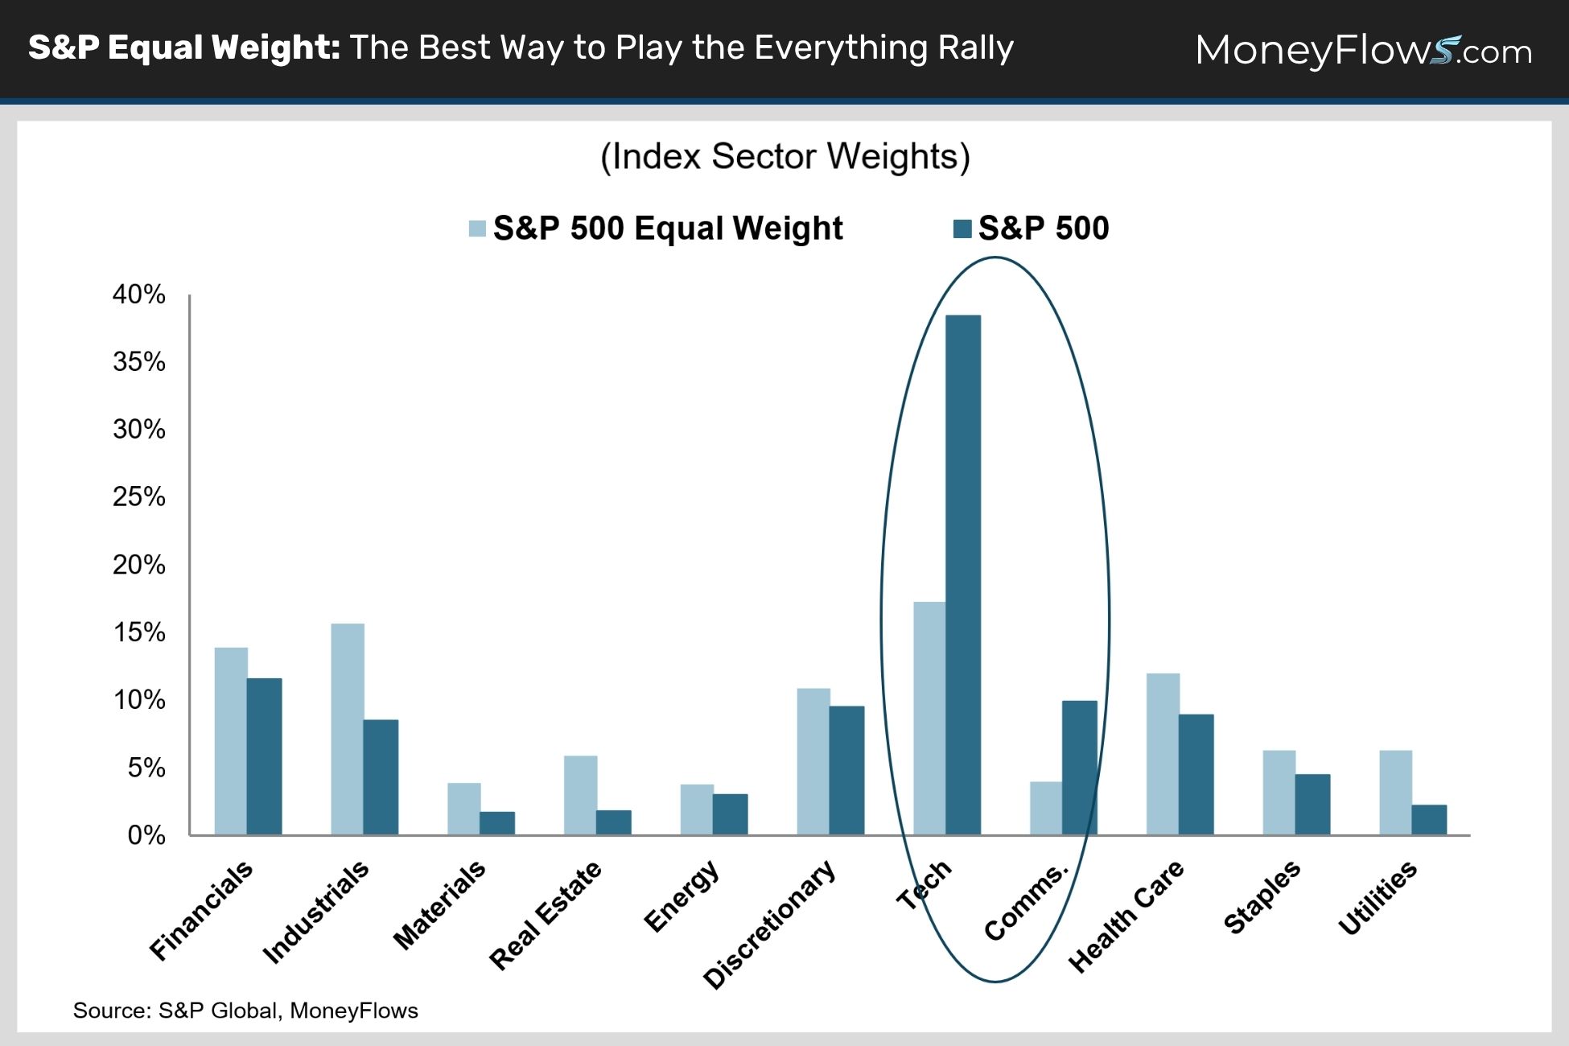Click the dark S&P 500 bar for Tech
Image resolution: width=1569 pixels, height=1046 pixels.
point(963,574)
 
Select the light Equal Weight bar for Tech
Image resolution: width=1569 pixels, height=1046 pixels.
point(929,719)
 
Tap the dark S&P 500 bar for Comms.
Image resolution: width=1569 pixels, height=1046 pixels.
point(1080,768)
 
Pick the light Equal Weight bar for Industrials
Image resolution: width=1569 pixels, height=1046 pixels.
point(348,729)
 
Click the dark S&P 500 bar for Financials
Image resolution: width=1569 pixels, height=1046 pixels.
point(265,756)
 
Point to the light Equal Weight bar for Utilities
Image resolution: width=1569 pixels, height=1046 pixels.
point(1396,793)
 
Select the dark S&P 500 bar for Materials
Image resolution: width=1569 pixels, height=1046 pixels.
point(497,823)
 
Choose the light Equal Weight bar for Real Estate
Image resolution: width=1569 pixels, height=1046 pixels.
point(581,795)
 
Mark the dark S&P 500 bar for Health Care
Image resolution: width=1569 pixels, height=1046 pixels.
point(1196,775)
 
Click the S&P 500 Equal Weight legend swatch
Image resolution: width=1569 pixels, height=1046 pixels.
point(477,229)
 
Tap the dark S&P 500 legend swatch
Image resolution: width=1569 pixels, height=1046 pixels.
point(962,229)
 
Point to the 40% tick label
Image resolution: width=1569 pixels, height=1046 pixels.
point(139,294)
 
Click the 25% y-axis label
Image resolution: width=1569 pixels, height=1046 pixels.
point(139,496)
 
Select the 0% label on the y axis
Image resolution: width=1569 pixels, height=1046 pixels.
point(146,835)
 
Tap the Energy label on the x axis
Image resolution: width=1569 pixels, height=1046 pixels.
point(682,896)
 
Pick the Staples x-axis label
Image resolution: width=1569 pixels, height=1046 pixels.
point(1262,896)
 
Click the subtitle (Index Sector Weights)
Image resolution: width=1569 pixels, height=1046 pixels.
point(785,157)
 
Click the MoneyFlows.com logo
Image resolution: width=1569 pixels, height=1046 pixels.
point(1364,50)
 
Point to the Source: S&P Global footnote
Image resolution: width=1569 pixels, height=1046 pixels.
point(245,1011)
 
